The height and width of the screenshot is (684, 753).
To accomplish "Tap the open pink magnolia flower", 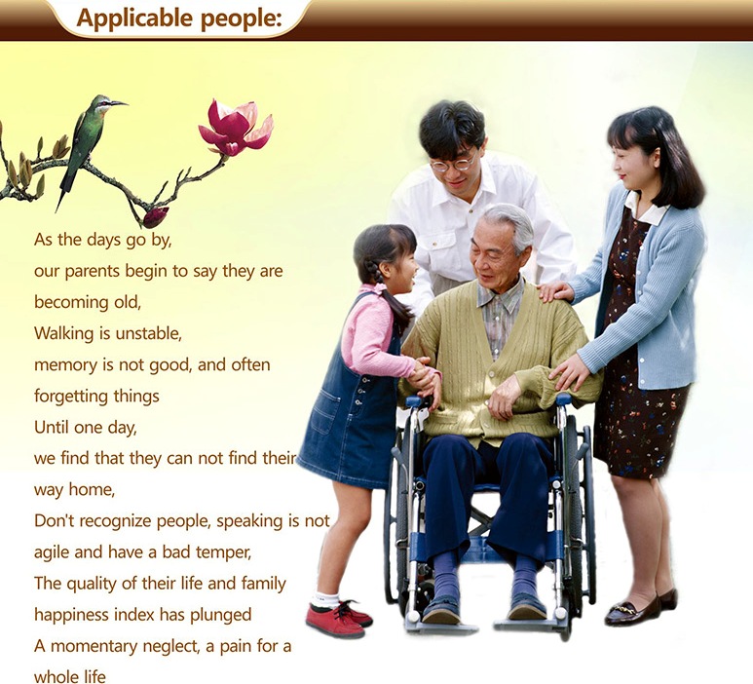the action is tap(236, 128).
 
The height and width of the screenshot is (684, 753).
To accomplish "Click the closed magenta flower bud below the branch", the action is tap(156, 217).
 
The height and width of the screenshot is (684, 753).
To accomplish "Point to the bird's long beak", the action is tap(119, 102).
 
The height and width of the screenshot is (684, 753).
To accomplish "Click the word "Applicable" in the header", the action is tap(134, 19).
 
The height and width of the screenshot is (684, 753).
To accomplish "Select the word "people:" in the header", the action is tap(241, 19).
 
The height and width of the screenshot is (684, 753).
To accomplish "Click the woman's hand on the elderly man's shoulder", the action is tap(555, 291).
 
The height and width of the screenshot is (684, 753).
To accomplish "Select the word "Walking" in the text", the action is tap(64, 333).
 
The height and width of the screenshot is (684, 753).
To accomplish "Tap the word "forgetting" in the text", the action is tap(71, 397).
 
